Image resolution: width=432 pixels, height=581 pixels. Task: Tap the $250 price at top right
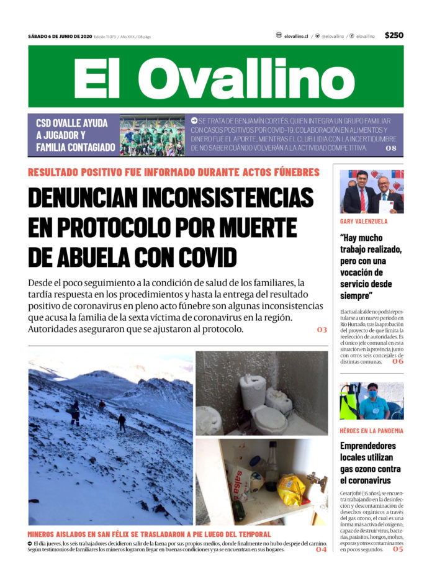pyautogui.click(x=394, y=35)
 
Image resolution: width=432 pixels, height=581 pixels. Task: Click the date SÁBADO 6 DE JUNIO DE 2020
pyautogui.click(x=60, y=36)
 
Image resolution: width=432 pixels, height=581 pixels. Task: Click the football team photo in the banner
pyautogui.click(x=152, y=135)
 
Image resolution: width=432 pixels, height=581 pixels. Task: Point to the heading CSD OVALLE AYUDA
pyautogui.click(x=71, y=123)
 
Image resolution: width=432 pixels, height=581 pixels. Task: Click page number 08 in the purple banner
pyautogui.click(x=390, y=148)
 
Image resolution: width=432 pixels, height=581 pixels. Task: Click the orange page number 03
pyautogui.click(x=322, y=330)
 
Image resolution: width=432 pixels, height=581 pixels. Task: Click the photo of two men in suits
pyautogui.click(x=371, y=191)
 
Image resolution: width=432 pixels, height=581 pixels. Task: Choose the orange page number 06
pyautogui.click(x=397, y=361)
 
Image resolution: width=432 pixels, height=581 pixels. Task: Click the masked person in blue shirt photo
pyautogui.click(x=371, y=401)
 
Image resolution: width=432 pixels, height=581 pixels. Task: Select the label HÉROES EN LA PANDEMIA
pyautogui.click(x=371, y=430)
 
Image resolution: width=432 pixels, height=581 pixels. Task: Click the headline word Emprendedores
pyautogui.click(x=367, y=446)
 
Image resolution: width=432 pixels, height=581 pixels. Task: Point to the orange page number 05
pyautogui.click(x=397, y=549)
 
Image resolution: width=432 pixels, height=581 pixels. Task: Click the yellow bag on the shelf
pyautogui.click(x=290, y=489)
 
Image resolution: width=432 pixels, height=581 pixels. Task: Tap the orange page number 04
pyautogui.click(x=321, y=549)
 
